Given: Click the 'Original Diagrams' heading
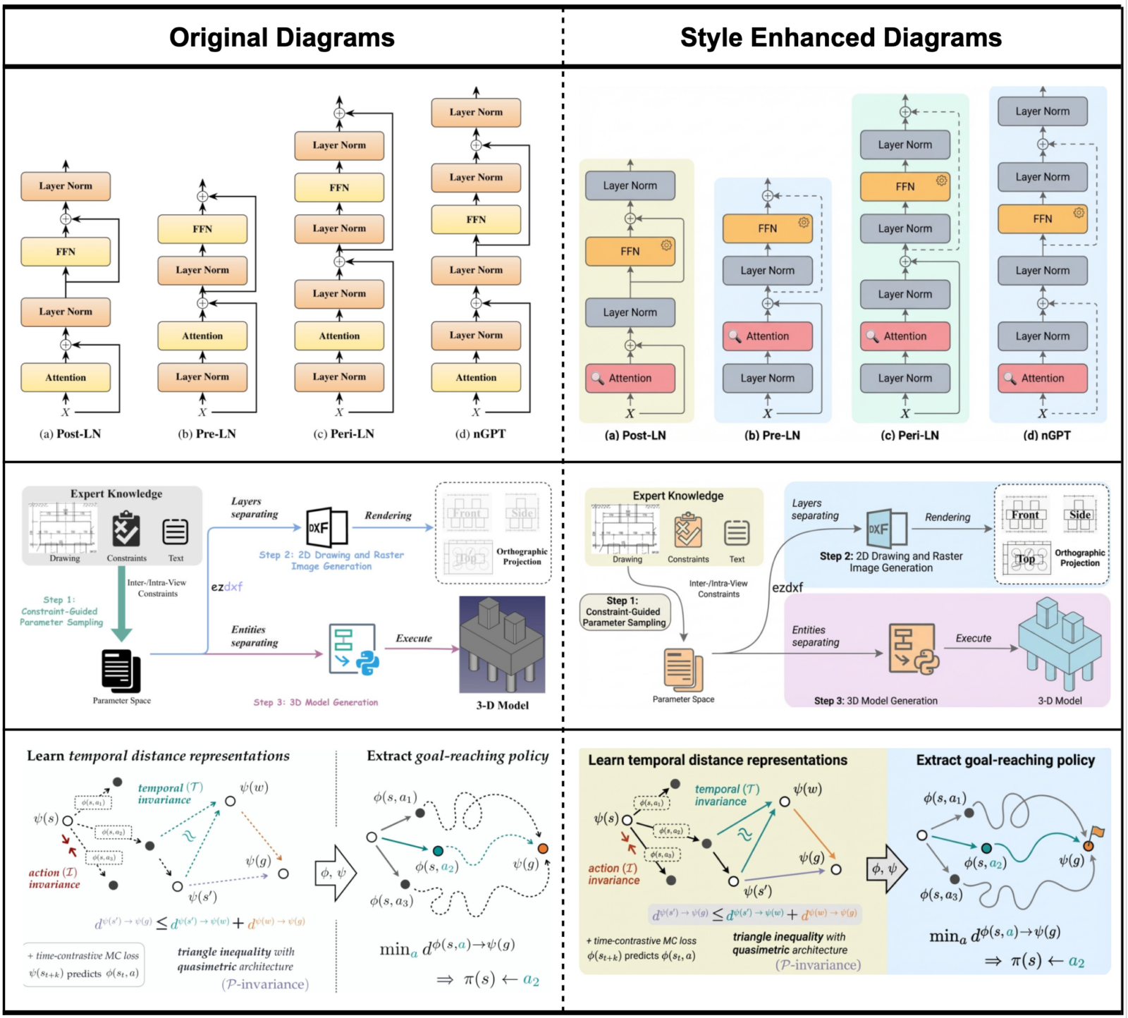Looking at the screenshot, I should (x=281, y=37).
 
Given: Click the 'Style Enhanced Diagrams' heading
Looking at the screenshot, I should (x=840, y=37).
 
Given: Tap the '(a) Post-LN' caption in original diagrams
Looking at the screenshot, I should (x=70, y=434).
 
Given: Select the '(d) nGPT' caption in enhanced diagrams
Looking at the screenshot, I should (x=1046, y=435).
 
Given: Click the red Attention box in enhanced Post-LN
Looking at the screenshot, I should (x=630, y=378).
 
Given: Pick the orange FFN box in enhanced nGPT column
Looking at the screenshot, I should (x=1042, y=219).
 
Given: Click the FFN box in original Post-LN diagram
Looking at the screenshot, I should (x=66, y=252).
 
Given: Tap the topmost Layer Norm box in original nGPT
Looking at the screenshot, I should (x=476, y=112).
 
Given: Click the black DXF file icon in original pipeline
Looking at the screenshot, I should (x=326, y=527).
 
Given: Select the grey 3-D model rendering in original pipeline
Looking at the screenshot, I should (x=502, y=645).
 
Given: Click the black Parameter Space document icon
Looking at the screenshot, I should (x=121, y=670).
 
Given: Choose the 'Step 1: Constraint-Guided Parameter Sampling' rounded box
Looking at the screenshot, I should (x=624, y=612).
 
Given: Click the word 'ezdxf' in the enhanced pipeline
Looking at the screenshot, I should (x=787, y=587).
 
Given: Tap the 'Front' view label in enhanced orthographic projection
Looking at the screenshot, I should (x=1024, y=515).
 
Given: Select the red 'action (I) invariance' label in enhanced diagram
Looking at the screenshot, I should (x=614, y=874).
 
